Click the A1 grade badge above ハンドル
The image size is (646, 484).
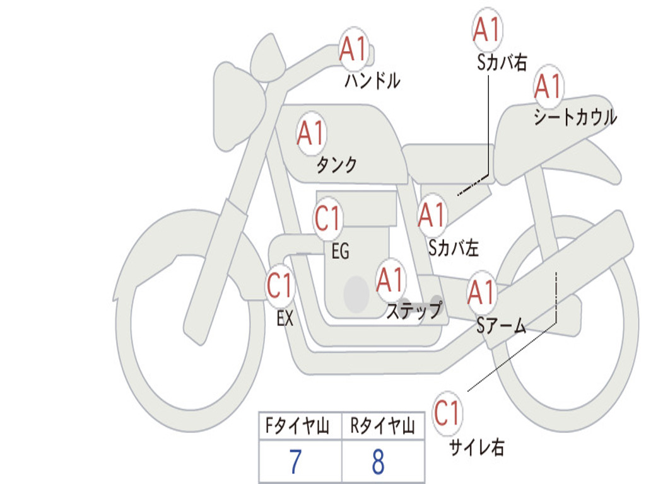(354, 49)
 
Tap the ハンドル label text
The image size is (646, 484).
(373, 81)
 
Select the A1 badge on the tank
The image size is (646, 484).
(311, 134)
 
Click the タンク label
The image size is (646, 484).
(336, 165)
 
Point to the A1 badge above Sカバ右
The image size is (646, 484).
(486, 30)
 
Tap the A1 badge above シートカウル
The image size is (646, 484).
(548, 86)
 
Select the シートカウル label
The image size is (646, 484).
(575, 118)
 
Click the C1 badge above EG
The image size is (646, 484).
(328, 219)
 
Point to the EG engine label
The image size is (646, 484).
(340, 251)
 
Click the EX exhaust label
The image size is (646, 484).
(285, 319)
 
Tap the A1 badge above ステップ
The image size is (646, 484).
(391, 280)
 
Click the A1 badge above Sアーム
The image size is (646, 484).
(482, 292)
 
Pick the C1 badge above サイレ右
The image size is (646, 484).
(447, 414)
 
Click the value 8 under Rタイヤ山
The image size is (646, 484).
(378, 462)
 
